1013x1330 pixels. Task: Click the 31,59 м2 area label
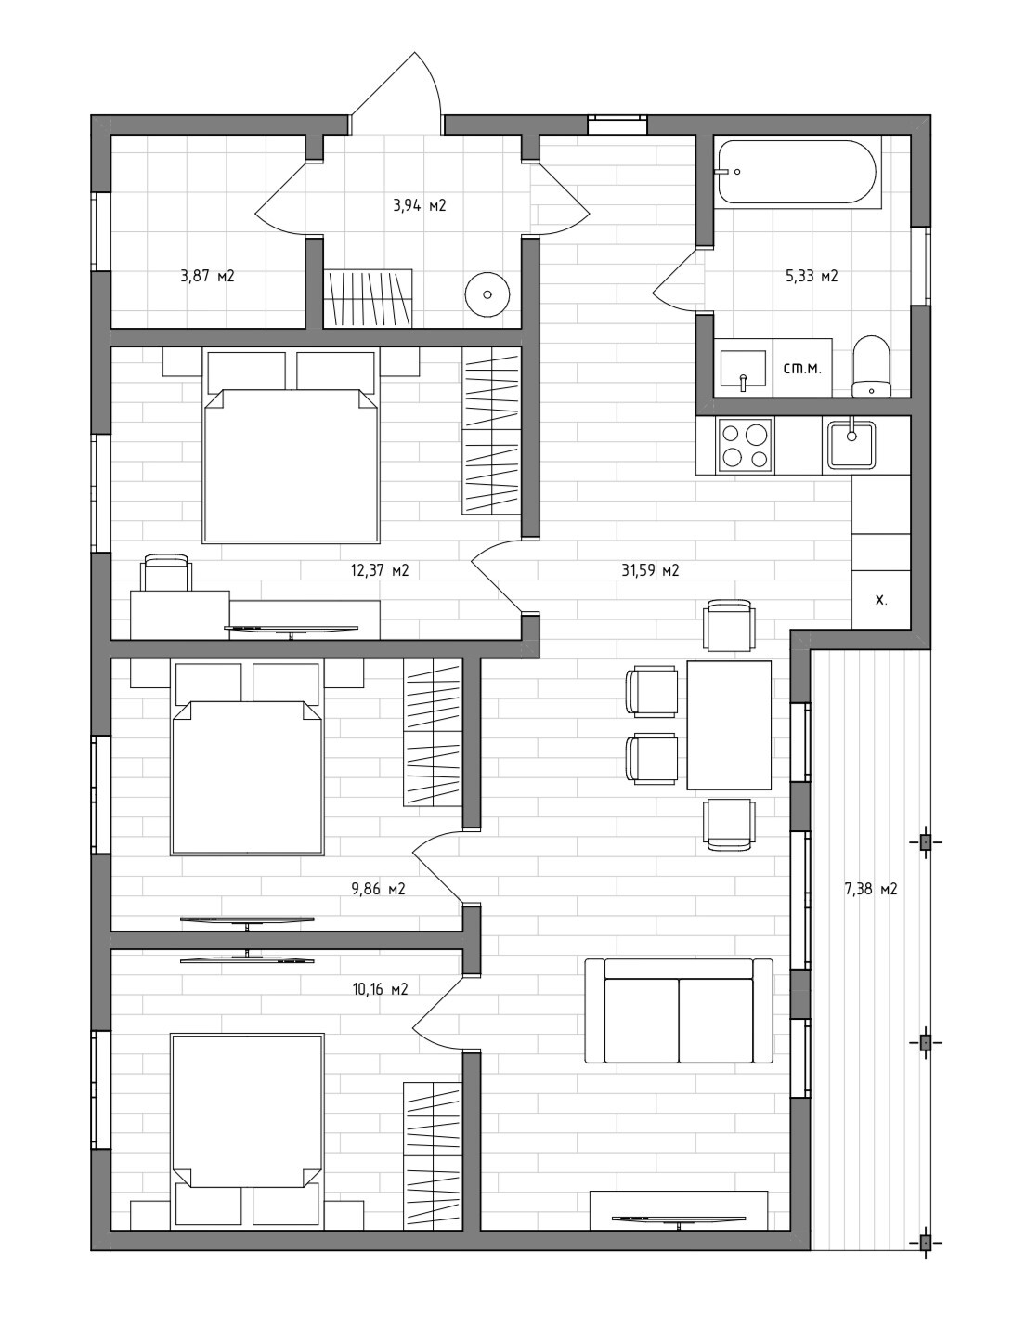point(650,570)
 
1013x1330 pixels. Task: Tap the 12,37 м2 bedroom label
point(380,570)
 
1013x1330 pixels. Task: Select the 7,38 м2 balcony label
point(870,889)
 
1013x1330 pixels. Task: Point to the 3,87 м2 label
point(207,276)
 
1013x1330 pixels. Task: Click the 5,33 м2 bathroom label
point(812,276)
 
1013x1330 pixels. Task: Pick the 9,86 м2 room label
point(379,889)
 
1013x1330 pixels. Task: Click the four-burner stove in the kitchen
point(744,446)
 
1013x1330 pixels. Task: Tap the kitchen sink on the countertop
point(851,446)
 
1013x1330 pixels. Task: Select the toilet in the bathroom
point(871,367)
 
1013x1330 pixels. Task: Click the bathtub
point(797,172)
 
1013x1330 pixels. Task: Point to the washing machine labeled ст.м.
point(802,368)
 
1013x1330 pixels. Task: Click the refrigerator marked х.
point(881,600)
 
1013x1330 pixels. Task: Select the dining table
point(729,725)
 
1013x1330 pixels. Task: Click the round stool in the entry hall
point(487,294)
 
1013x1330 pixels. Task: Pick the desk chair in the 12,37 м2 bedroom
point(166,572)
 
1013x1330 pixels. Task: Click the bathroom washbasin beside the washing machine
point(743,368)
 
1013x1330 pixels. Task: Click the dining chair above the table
point(729,625)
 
